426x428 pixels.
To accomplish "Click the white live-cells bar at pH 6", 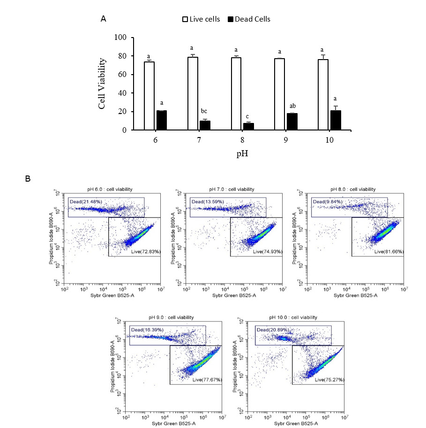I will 149,96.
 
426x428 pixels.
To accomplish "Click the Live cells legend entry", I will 201,19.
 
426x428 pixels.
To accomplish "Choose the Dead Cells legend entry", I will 249,19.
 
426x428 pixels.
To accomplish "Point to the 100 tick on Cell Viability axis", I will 121,38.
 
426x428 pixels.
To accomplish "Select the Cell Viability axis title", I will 102,84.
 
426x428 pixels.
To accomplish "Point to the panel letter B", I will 28,179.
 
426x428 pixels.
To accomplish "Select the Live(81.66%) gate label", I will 389,252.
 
